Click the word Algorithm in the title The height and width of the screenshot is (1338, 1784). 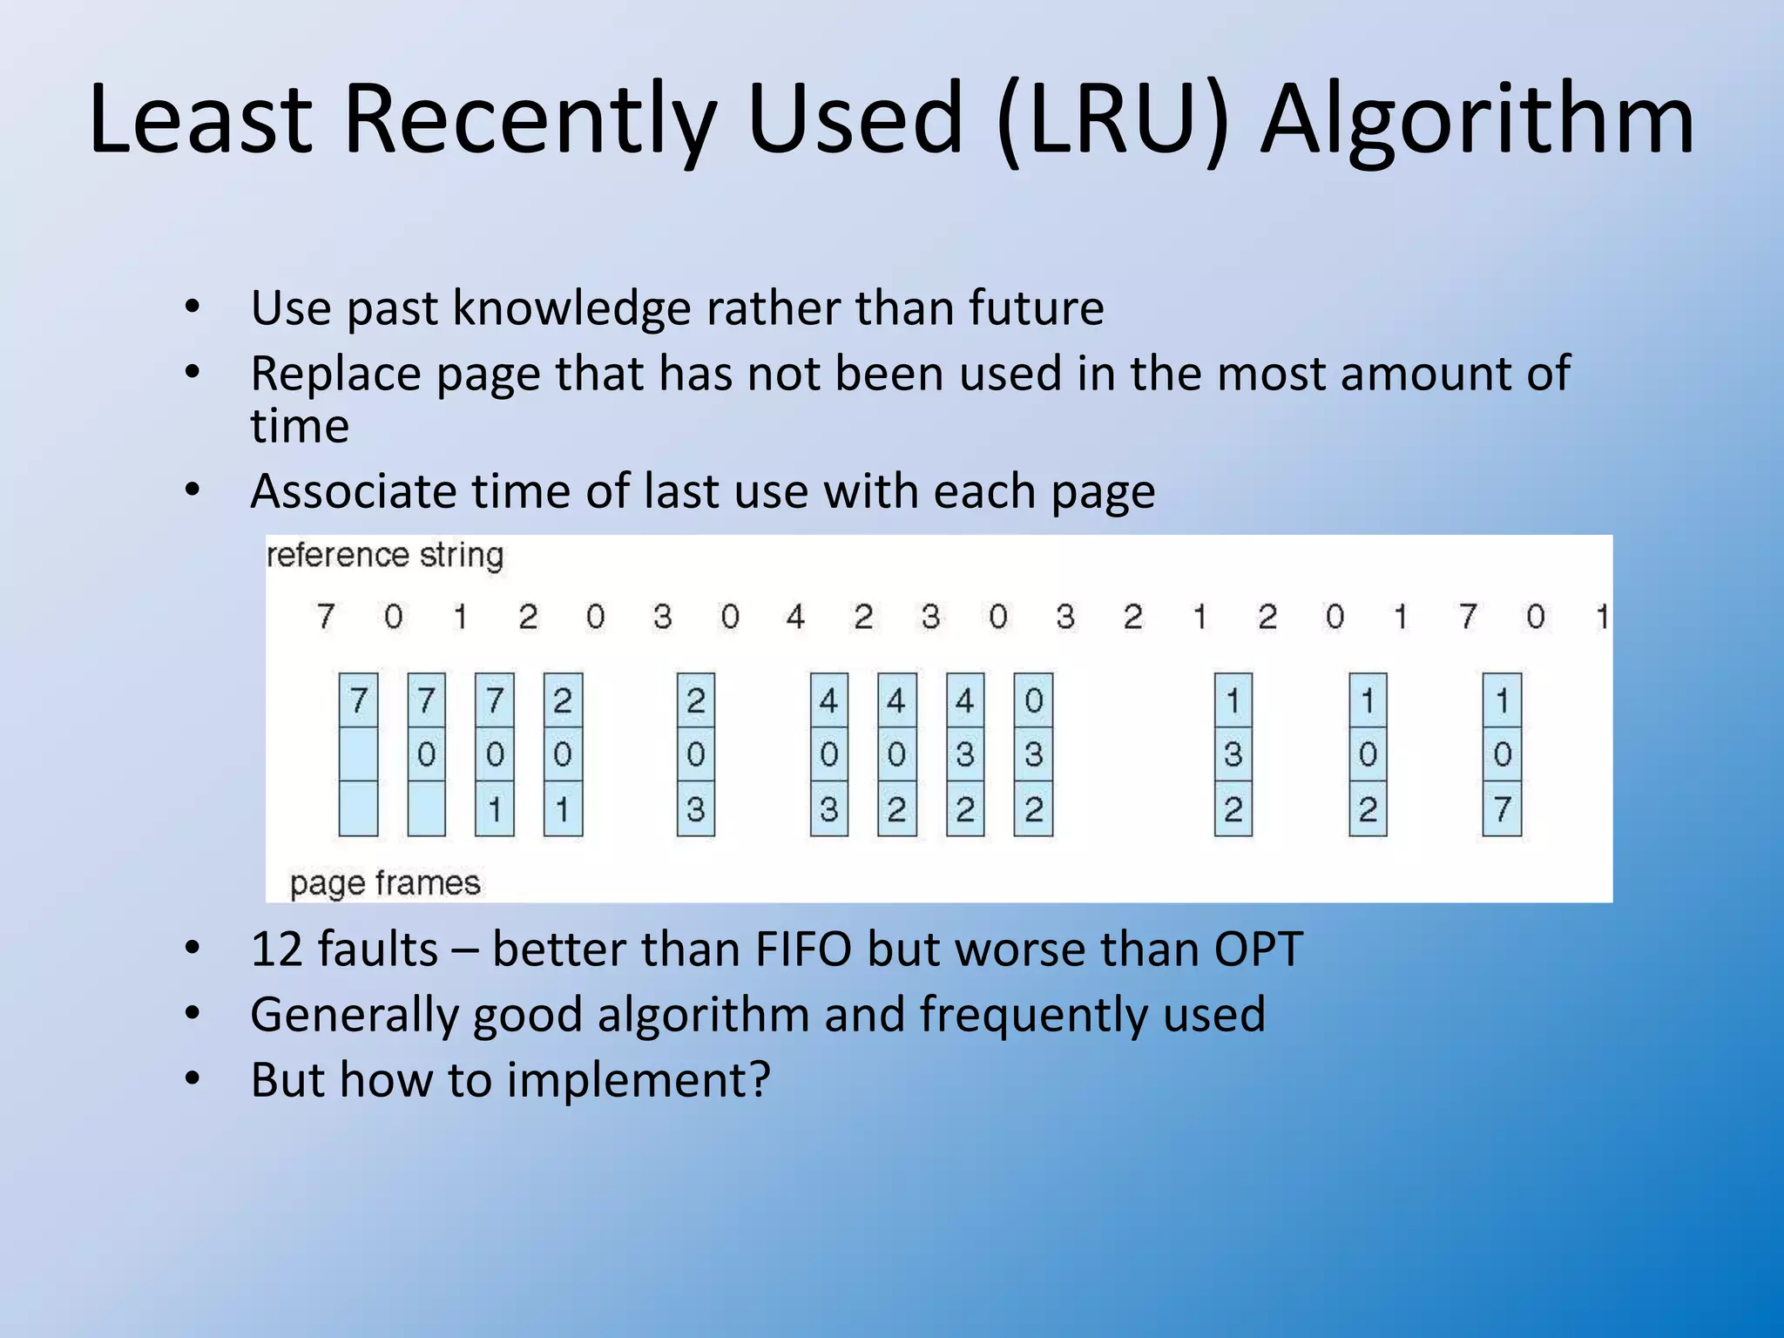1477,120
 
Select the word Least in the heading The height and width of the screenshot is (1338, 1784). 199,118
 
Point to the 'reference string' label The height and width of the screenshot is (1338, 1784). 385,555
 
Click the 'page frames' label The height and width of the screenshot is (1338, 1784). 385,883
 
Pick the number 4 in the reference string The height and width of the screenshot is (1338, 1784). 794,617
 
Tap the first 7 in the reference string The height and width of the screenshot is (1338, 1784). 325,617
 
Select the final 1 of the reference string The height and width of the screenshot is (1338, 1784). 1601,617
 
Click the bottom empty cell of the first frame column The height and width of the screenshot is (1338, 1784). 358,808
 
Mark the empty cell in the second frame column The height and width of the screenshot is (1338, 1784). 426,808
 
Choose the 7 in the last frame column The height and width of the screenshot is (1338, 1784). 1502,808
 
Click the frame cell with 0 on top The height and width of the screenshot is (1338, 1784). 1033,700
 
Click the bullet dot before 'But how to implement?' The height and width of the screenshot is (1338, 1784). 193,1080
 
